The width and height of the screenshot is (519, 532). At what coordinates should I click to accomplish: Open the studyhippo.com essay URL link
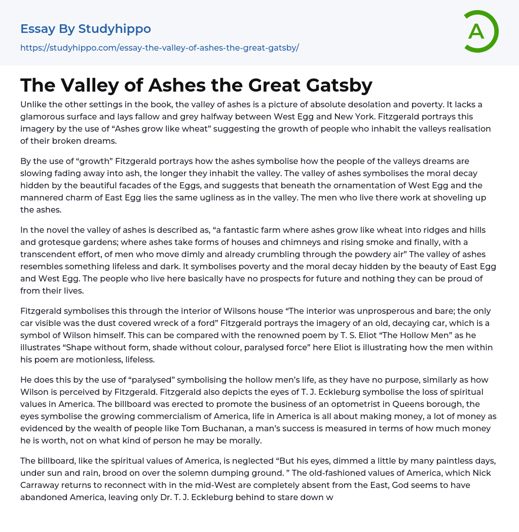160,48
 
